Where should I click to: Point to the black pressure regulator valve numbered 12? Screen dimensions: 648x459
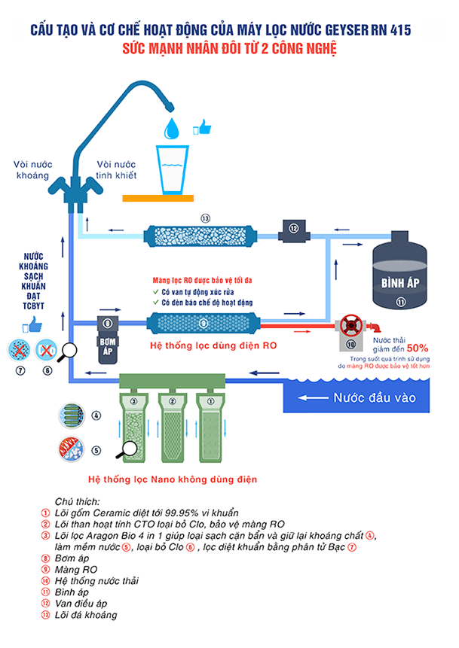coord(294,228)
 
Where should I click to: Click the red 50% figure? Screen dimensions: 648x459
coord(417,348)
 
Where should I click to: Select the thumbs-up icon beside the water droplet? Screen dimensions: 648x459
coord(202,127)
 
